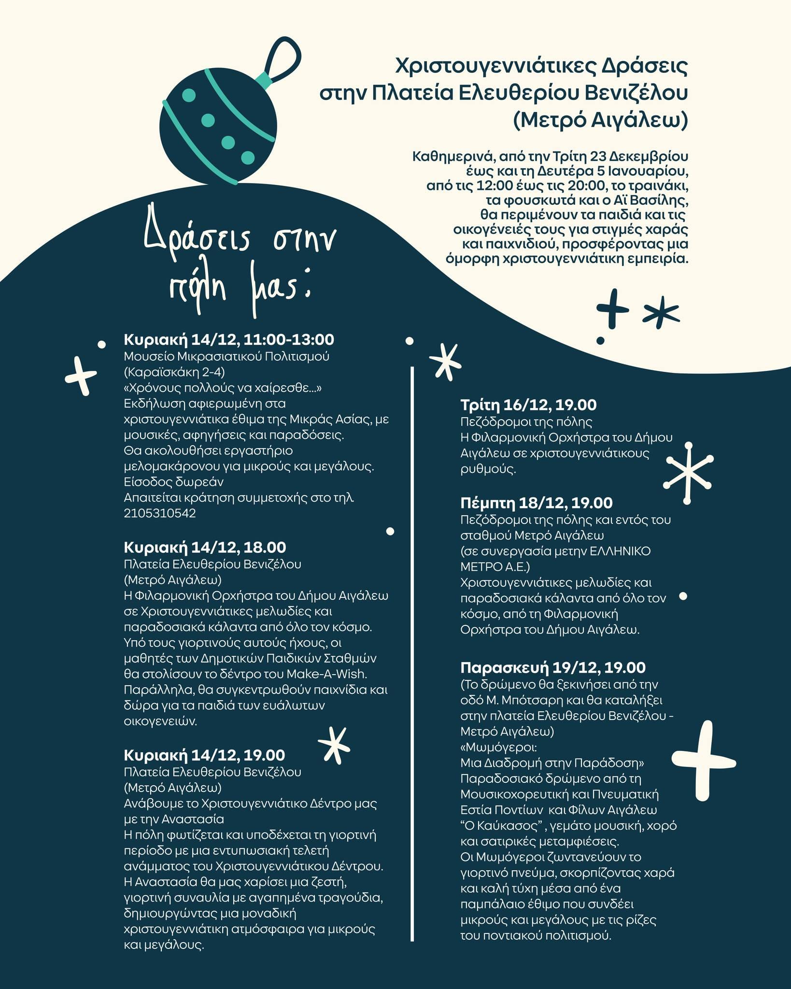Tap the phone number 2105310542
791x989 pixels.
pyautogui.click(x=160, y=513)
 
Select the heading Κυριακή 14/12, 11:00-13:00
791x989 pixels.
pyautogui.click(x=229, y=339)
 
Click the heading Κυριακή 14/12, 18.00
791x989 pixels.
pyautogui.click(x=205, y=547)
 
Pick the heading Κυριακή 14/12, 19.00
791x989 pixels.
pyautogui.click(x=204, y=755)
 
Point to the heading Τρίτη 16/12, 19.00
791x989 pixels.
pyautogui.click(x=528, y=405)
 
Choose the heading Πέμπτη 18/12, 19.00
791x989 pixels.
pyautogui.click(x=536, y=503)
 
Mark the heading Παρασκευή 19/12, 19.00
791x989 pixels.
pyautogui.click(x=552, y=668)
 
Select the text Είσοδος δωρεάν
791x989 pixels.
pyautogui.click(x=174, y=482)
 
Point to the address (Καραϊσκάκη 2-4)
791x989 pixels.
pyautogui.click(x=174, y=372)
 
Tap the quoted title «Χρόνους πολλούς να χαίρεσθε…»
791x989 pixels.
pyautogui.click(x=223, y=388)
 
